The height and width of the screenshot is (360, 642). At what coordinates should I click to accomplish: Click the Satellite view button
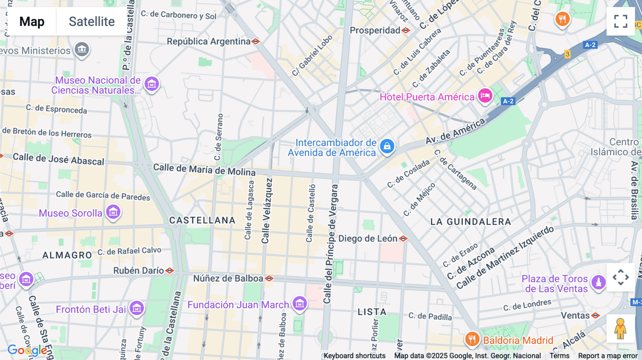(92, 21)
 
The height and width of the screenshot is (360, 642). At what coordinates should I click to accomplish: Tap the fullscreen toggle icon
(621, 21)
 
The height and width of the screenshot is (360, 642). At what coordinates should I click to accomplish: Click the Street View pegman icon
(620, 329)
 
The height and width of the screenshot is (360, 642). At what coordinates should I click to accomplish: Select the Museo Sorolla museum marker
(113, 212)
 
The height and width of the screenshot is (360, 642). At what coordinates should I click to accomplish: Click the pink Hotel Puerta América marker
(485, 96)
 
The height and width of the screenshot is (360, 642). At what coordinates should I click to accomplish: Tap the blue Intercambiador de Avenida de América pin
(387, 146)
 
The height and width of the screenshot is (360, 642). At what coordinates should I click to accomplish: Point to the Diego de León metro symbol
(403, 238)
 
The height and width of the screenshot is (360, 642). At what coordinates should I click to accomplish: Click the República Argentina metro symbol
(255, 41)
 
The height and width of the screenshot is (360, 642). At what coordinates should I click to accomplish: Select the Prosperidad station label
(375, 30)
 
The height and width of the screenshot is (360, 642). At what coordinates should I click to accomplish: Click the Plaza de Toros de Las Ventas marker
(598, 283)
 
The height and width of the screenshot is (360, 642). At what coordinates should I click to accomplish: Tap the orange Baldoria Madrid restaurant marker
(472, 339)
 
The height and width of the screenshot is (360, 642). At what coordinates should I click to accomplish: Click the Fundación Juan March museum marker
(300, 304)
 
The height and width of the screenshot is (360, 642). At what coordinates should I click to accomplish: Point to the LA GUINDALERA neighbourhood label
(470, 222)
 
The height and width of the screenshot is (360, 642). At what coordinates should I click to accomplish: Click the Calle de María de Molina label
(204, 170)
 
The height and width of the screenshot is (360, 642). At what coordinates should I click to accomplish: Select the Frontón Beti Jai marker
(137, 308)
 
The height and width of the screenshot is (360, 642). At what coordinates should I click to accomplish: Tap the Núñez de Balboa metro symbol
(269, 278)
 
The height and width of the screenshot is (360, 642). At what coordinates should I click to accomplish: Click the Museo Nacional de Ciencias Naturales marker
(152, 84)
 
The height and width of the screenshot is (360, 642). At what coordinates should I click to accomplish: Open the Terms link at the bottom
(559, 356)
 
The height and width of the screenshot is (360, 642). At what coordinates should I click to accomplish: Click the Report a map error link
(608, 356)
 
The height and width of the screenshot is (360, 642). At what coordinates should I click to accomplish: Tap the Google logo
(27, 350)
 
